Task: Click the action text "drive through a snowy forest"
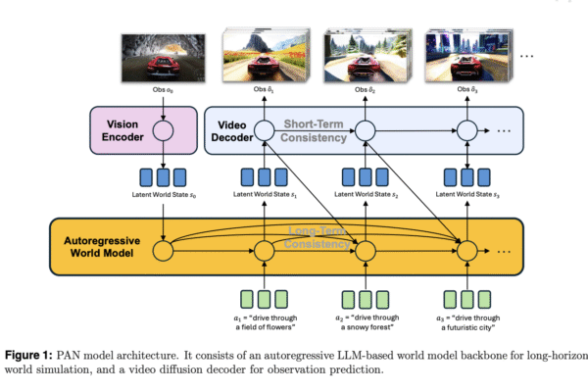point(365,322)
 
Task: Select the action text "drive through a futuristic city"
point(466,322)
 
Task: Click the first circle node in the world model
point(162,251)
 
